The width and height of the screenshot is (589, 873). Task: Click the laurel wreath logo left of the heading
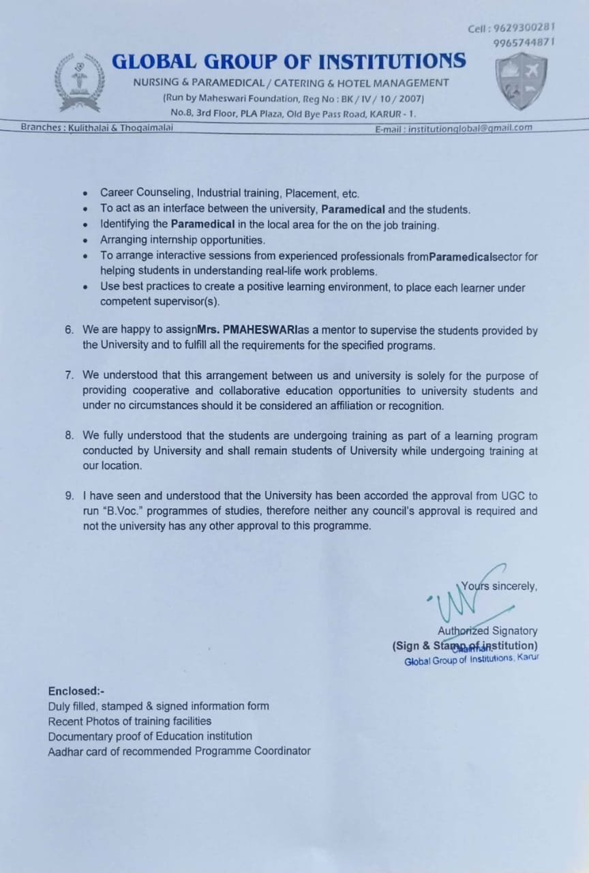point(80,83)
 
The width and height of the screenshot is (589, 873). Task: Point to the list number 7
point(69,376)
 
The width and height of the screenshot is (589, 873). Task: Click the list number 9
point(69,497)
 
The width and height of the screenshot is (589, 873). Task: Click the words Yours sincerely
point(500,585)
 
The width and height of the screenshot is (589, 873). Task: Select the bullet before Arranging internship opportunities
point(85,240)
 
